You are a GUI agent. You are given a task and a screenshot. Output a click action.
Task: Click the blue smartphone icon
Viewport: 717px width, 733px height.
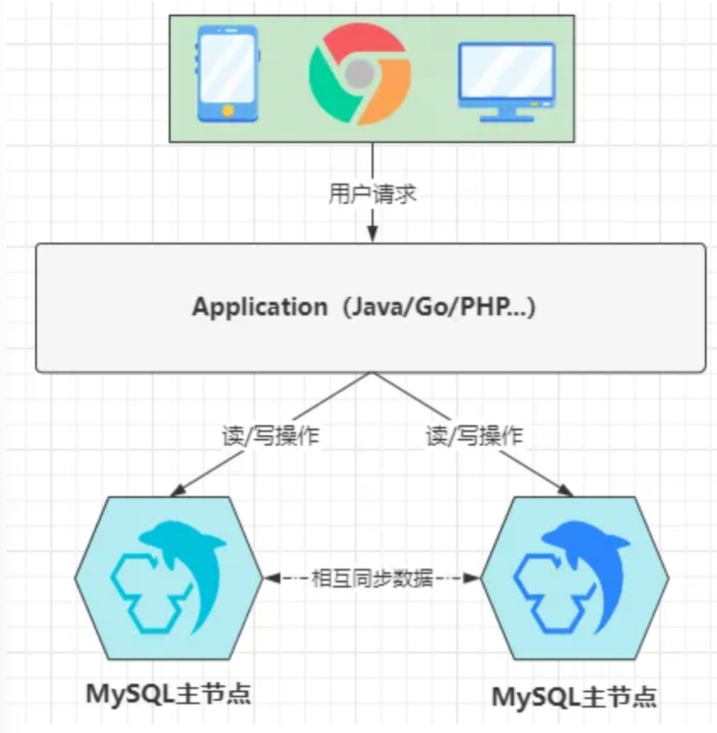tap(228, 74)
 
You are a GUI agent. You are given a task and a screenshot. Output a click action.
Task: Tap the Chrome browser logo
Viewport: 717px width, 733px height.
tap(360, 74)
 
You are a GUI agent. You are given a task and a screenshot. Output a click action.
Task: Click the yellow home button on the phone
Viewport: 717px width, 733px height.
tap(228, 110)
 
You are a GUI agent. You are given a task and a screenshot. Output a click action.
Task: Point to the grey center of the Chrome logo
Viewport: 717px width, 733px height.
tap(360, 74)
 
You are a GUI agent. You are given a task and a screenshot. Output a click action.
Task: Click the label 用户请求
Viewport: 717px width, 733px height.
tap(372, 194)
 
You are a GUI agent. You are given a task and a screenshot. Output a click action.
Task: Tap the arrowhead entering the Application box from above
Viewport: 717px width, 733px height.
tap(372, 234)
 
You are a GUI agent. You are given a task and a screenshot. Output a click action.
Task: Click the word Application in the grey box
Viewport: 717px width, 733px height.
tap(260, 306)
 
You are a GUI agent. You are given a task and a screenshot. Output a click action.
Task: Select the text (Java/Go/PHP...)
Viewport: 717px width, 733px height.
tap(438, 306)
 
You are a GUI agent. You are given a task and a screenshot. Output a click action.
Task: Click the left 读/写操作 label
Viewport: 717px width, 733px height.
tap(270, 436)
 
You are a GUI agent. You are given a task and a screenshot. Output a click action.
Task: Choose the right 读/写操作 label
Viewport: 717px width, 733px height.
tap(474, 436)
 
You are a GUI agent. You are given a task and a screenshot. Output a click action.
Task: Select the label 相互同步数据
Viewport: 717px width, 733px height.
tap(372, 578)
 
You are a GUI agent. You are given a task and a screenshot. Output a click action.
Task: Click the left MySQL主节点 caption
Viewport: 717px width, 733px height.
tap(169, 694)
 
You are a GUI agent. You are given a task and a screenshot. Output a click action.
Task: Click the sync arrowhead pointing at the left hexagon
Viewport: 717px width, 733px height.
tap(272, 578)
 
